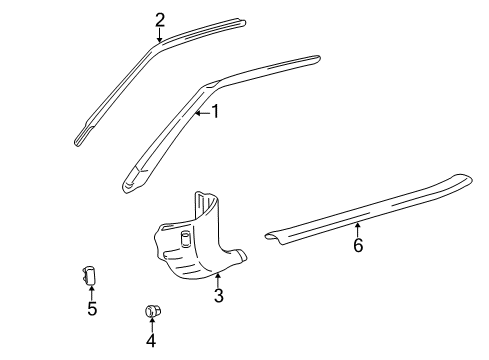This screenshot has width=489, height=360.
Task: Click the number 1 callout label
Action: click(x=214, y=113)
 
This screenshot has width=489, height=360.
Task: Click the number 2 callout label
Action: click(x=160, y=19)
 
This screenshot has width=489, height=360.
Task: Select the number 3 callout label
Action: click(x=218, y=296)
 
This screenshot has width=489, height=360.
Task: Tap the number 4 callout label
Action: click(x=151, y=341)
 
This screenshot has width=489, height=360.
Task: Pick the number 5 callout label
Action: click(x=92, y=309)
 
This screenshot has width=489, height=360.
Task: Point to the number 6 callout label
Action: click(x=357, y=271)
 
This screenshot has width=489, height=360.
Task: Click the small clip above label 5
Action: click(x=90, y=275)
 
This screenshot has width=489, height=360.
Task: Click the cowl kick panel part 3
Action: click(x=195, y=245)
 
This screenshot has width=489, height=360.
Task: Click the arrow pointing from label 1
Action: click(x=200, y=114)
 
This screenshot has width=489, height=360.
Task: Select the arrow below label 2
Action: click(x=160, y=36)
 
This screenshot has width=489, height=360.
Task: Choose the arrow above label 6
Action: click(x=357, y=256)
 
